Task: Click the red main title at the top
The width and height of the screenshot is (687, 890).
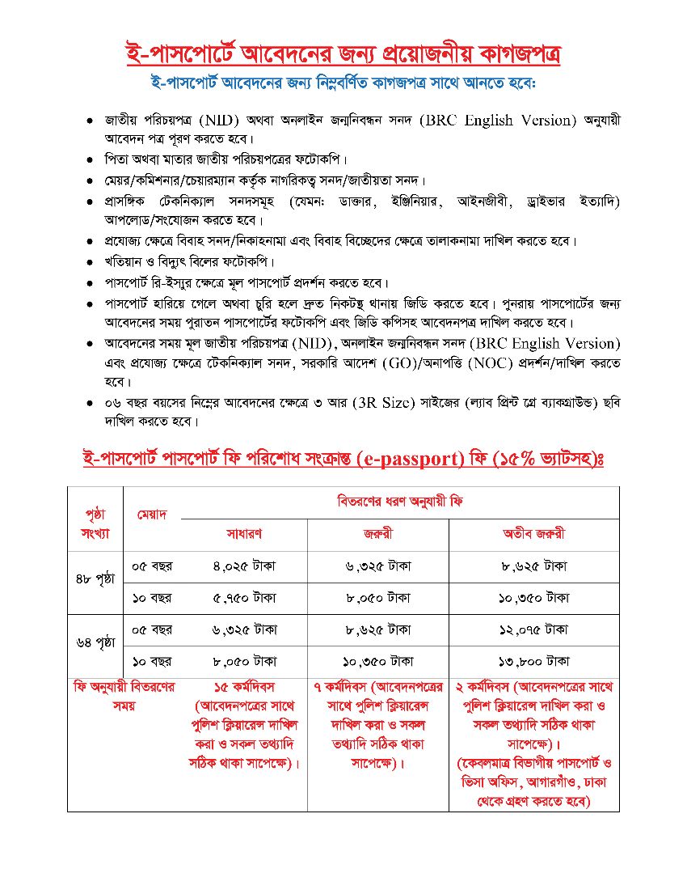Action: click(x=343, y=55)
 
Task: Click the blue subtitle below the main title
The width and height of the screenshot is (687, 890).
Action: click(x=343, y=83)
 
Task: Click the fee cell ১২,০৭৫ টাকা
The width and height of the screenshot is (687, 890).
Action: click(x=533, y=629)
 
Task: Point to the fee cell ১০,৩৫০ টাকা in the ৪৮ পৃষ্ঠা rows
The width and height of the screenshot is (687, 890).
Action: click(x=533, y=598)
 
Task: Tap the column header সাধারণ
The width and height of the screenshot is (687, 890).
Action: click(x=243, y=534)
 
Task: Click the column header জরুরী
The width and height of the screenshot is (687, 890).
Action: click(x=377, y=534)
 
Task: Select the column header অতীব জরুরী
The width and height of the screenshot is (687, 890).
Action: click(x=533, y=534)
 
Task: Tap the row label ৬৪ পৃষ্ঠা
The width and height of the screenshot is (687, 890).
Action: click(x=95, y=644)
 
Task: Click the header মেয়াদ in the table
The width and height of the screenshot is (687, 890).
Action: click(x=151, y=515)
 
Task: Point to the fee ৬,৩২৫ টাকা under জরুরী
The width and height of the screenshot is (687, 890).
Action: click(x=377, y=566)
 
